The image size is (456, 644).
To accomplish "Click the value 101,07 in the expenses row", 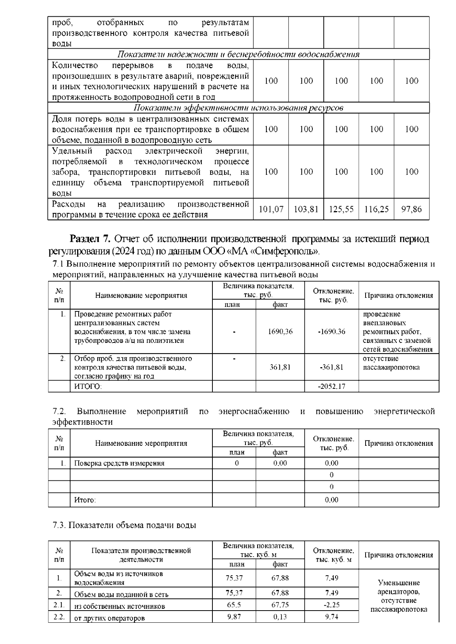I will click(x=271, y=209).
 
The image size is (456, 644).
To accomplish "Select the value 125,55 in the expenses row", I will click(x=341, y=209).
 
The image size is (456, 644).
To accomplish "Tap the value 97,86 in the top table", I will click(x=412, y=209).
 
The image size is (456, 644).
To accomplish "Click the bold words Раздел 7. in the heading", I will click(x=90, y=239).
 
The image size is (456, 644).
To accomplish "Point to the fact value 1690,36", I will click(x=280, y=331).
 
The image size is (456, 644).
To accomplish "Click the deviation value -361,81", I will click(x=331, y=367).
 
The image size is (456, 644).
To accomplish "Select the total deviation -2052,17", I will click(x=331, y=387).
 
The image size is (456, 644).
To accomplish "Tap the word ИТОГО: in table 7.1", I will click(x=88, y=387).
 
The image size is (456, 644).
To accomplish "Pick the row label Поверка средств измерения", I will click(x=119, y=463).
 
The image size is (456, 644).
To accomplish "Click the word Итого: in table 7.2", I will click(x=85, y=500).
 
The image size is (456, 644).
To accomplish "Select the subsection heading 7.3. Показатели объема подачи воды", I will click(x=124, y=526).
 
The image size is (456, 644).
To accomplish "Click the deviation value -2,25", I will click(x=331, y=605).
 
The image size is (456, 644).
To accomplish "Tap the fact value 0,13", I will click(x=280, y=617).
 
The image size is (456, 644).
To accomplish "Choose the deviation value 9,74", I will click(x=331, y=617).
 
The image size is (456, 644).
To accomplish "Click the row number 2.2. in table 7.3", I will click(x=59, y=617).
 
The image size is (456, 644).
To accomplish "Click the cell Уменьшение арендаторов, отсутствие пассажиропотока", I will click(x=399, y=596).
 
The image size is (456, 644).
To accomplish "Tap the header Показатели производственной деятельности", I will click(x=141, y=555).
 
